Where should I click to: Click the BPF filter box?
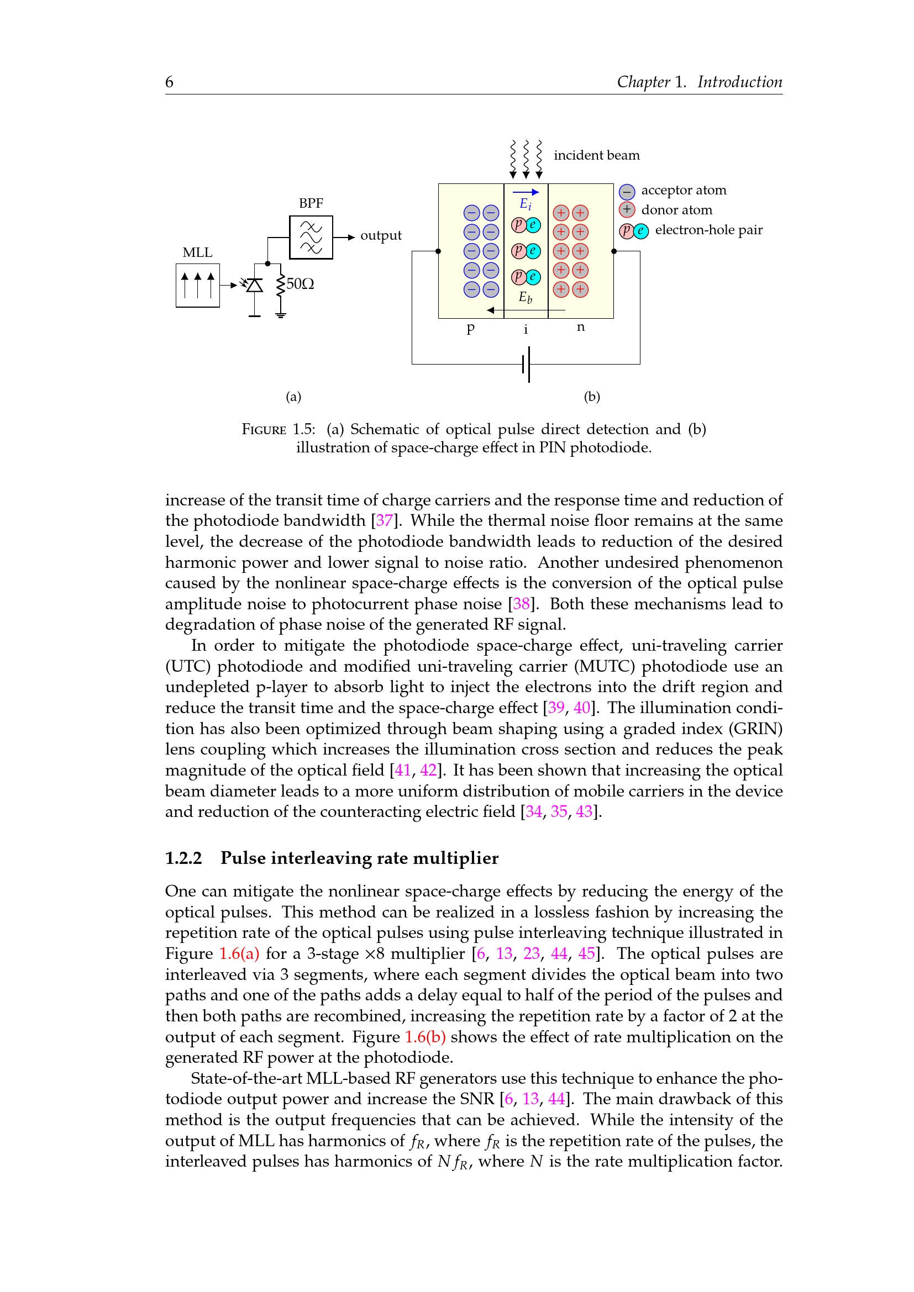[x=311, y=238]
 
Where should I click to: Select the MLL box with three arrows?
[x=197, y=285]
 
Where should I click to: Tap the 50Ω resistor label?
[x=300, y=283]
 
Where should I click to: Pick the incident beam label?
[x=597, y=155]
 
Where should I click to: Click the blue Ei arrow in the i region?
[x=526, y=192]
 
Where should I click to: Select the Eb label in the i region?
[x=525, y=298]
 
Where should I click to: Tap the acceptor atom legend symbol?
[x=627, y=192]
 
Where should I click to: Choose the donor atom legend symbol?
[x=627, y=210]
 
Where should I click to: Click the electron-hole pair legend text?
[x=708, y=230]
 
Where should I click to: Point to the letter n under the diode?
[x=581, y=327]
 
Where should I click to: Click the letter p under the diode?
[x=470, y=328]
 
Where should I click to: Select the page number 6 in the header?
[x=170, y=82]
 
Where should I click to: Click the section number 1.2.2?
[x=183, y=858]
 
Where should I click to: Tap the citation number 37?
[x=385, y=520]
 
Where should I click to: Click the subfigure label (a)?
[x=293, y=397]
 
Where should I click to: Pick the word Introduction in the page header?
[x=739, y=82]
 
